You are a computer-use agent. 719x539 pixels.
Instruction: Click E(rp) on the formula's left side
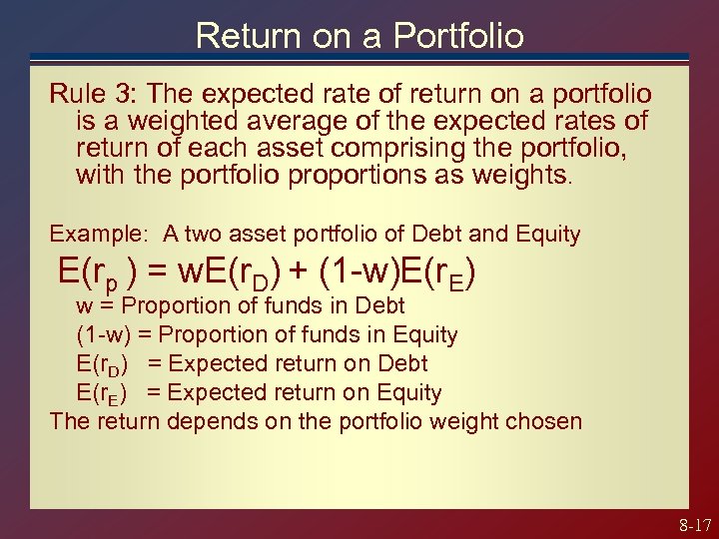(110, 271)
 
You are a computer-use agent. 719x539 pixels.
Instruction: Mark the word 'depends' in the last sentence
(204, 420)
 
